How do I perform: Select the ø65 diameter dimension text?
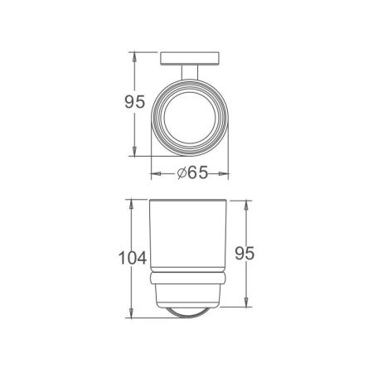(x=192, y=173)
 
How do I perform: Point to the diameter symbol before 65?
(x=182, y=173)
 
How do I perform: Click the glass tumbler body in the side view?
(x=189, y=236)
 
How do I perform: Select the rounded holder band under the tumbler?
(x=189, y=279)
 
